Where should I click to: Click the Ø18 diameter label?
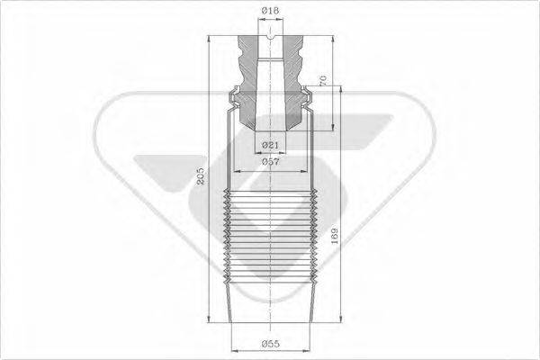[270, 11]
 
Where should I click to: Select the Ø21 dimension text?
[270, 145]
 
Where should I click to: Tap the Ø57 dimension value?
[270, 161]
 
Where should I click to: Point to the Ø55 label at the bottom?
[270, 343]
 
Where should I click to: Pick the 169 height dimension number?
[334, 236]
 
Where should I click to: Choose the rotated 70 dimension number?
[322, 80]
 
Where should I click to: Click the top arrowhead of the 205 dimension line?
[209, 39]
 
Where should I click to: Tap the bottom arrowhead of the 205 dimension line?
[209, 319]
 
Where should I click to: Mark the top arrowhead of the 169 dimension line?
[340, 90]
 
